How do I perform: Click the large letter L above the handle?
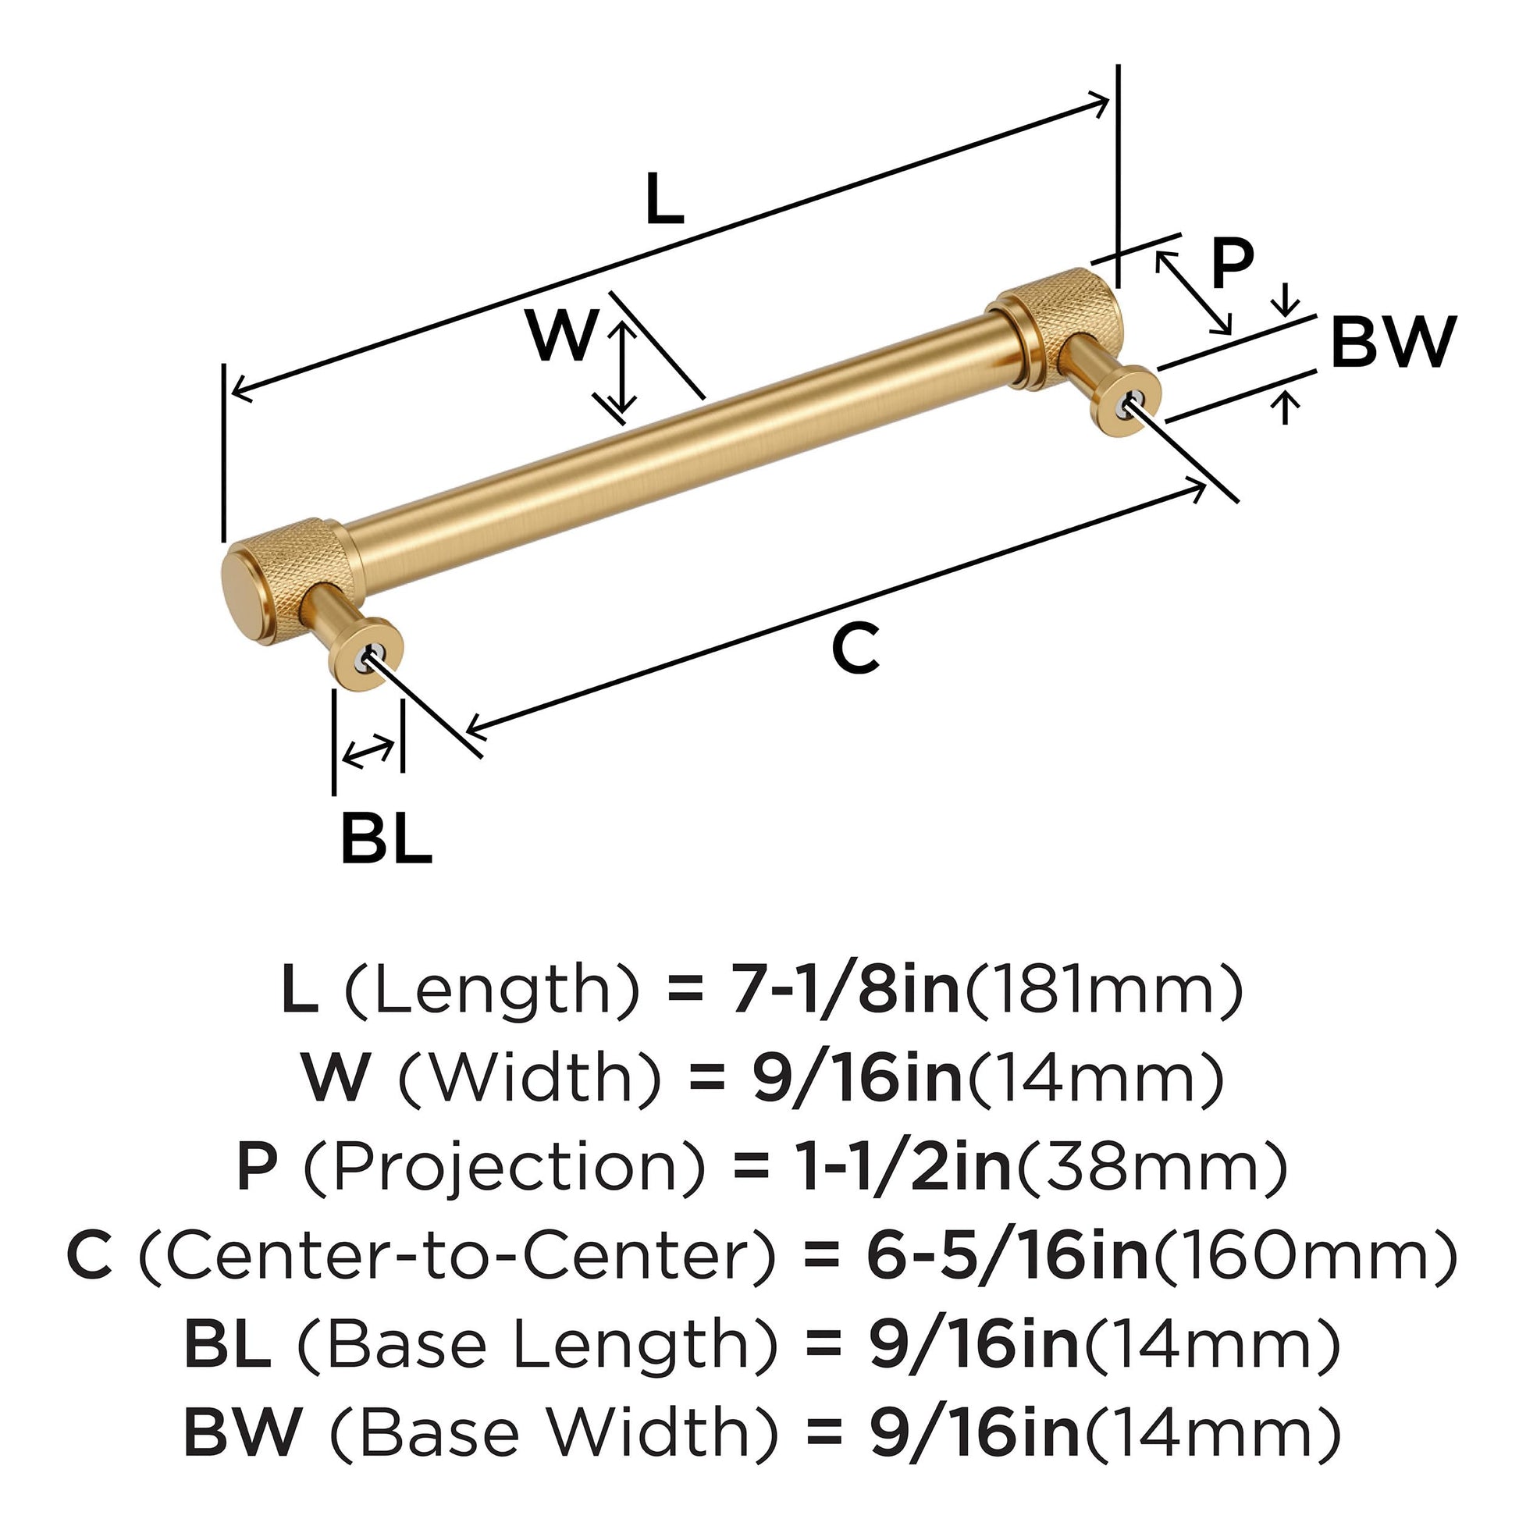pos(664,199)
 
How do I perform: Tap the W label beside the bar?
pos(563,336)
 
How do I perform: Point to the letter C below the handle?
pos(856,649)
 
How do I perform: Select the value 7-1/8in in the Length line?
pos(845,990)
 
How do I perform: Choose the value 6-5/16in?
pos(1006,1256)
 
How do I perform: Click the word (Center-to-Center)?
pos(456,1256)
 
